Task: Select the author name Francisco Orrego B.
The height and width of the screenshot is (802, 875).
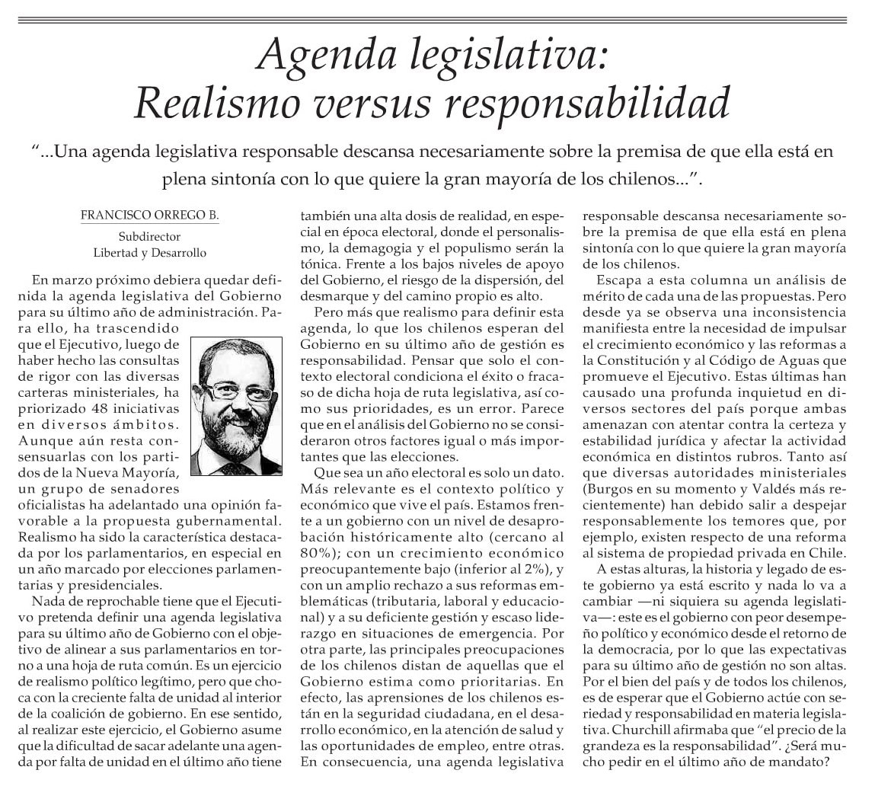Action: pyautogui.click(x=149, y=216)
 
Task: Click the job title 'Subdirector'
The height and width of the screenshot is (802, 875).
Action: pyautogui.click(x=149, y=236)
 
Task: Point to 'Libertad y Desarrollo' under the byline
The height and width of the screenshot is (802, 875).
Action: pyautogui.click(x=149, y=252)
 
